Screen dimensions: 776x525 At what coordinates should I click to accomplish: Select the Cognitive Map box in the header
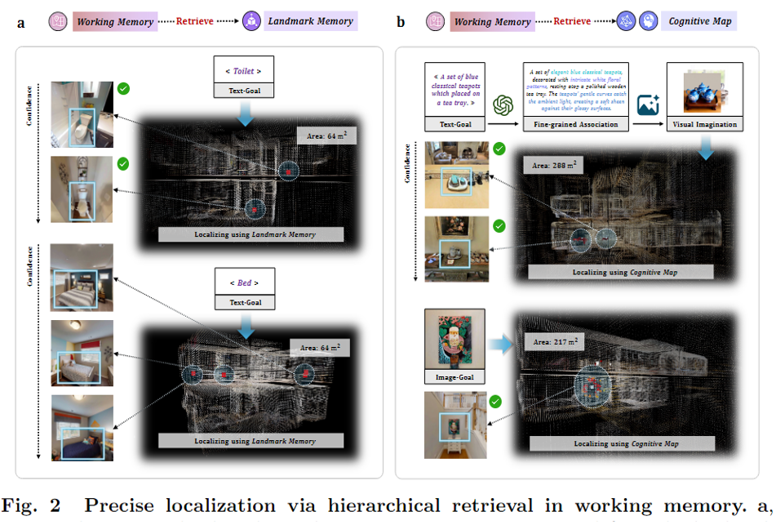698,21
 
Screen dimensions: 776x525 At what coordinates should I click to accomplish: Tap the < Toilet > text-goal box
242,71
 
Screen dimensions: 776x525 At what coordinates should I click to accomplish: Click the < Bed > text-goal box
242,283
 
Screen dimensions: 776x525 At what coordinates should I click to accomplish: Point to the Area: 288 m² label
559,165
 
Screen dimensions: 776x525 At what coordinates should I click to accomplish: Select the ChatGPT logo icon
503,105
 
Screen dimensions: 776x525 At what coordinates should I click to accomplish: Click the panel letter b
401,22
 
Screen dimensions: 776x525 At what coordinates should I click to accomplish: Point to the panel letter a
21,22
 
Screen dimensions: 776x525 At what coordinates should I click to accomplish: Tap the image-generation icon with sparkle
648,105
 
